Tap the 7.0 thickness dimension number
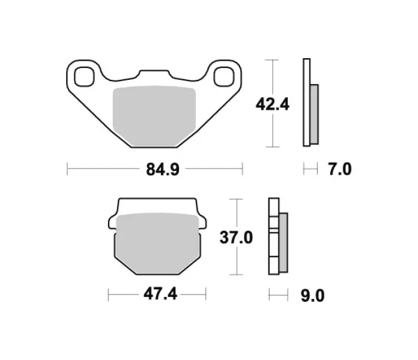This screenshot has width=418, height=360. click(x=339, y=170)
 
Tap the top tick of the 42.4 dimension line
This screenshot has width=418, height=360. click(x=273, y=61)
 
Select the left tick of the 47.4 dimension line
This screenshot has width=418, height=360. click(x=108, y=295)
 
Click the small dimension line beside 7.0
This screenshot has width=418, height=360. click(x=309, y=170)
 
